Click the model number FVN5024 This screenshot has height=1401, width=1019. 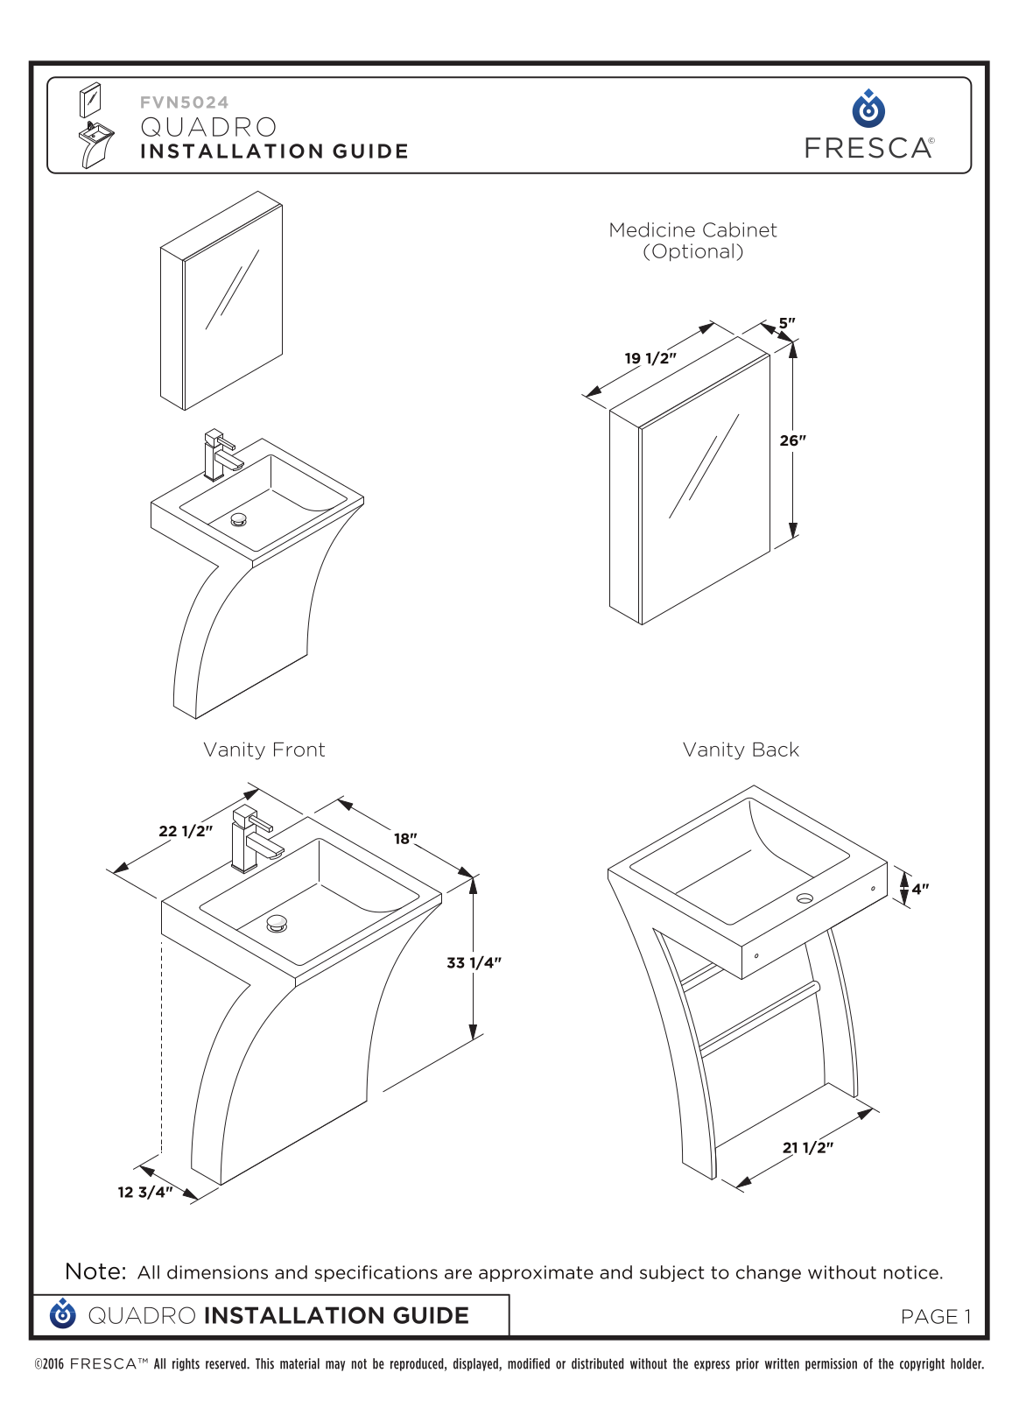185,102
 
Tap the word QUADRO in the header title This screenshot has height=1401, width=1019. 208,127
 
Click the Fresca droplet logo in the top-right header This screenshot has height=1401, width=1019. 868,109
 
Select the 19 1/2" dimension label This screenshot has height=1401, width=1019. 650,358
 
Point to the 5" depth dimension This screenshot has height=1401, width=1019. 786,323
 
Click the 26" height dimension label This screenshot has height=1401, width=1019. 792,440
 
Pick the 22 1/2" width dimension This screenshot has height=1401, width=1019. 186,831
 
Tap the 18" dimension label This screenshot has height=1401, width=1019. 405,838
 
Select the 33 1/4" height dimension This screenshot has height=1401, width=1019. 474,962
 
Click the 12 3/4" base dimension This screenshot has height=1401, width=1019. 145,1192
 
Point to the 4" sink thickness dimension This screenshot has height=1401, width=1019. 919,889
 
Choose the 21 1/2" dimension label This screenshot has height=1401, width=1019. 808,1148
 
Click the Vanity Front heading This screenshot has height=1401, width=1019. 264,750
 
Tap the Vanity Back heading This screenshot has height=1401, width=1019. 741,750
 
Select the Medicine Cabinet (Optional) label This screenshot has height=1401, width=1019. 692,241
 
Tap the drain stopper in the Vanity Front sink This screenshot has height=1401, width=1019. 277,923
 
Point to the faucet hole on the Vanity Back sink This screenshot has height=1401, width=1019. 805,898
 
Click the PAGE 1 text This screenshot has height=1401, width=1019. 935,1317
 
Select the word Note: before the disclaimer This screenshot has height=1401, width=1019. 95,1271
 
